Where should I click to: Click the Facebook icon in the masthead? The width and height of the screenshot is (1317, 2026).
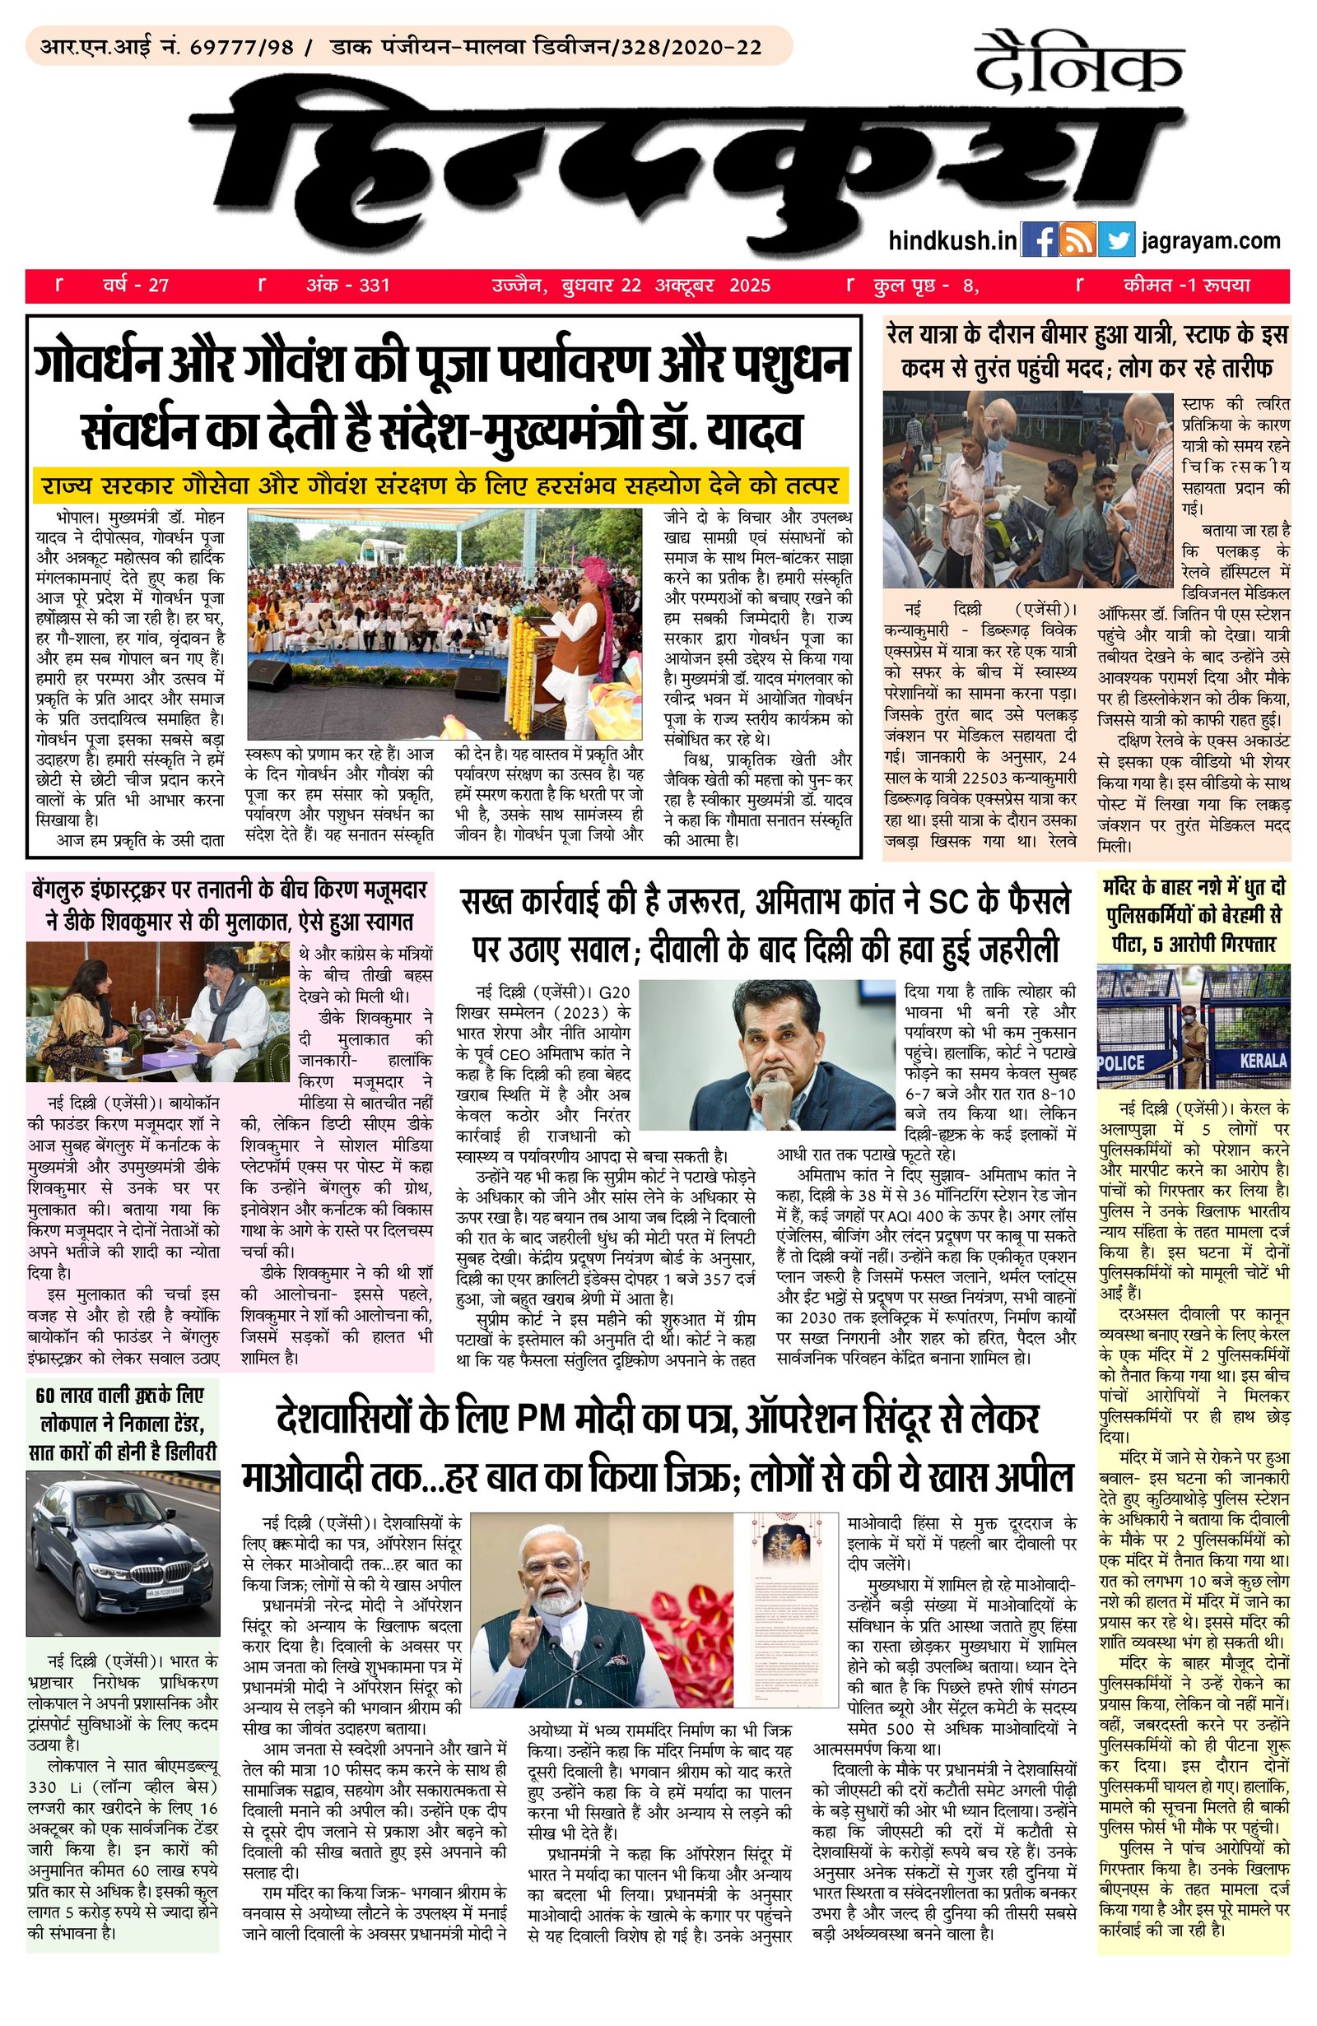click(1039, 239)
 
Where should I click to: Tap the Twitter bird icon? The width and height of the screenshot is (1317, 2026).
click(1116, 239)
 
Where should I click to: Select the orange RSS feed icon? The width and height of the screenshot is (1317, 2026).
click(1077, 239)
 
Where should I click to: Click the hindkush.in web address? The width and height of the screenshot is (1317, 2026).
click(952, 241)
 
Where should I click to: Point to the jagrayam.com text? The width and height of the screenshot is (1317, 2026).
click(1212, 241)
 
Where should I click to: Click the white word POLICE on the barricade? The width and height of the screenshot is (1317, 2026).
click(1121, 1063)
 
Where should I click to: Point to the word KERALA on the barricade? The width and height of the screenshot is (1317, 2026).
click(1263, 1062)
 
